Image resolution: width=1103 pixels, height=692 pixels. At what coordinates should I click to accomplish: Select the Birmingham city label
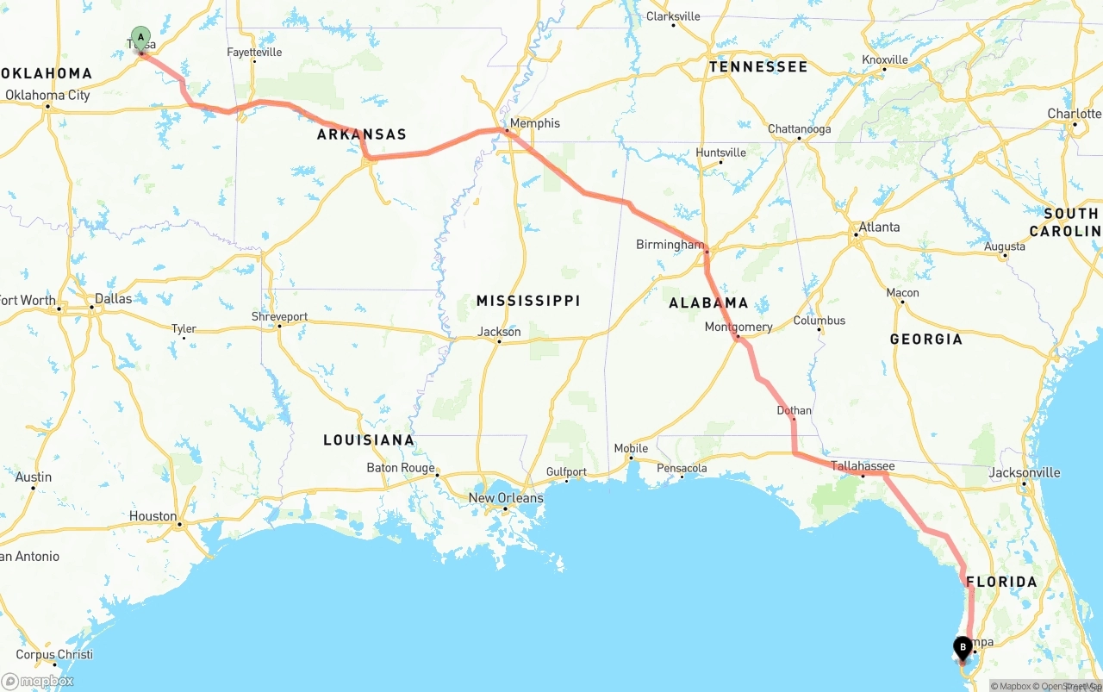click(x=670, y=245)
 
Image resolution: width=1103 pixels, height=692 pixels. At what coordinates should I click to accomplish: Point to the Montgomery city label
click(x=738, y=327)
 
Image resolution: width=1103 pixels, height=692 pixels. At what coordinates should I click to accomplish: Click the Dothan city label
click(x=794, y=410)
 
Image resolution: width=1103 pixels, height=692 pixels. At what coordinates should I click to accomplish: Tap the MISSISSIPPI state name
click(x=528, y=301)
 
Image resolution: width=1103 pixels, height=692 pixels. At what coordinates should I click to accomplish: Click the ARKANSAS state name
click(x=361, y=134)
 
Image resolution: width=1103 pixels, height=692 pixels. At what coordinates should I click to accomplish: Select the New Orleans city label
click(x=506, y=498)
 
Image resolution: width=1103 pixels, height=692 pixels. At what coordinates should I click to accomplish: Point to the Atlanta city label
click(x=879, y=228)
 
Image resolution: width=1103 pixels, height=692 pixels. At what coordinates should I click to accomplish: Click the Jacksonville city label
click(x=1024, y=472)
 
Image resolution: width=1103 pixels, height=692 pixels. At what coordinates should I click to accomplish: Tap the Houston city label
click(x=153, y=516)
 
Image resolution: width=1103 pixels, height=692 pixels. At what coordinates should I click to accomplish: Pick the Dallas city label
click(x=114, y=299)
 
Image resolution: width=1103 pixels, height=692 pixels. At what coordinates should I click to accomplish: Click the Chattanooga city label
click(x=799, y=129)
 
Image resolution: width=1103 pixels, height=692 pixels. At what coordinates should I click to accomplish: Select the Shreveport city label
click(x=279, y=316)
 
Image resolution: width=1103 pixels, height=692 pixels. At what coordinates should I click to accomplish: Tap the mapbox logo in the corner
click(x=38, y=681)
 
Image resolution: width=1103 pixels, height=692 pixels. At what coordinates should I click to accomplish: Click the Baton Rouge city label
click(x=400, y=468)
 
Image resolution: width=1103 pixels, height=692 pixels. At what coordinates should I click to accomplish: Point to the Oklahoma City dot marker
click(x=47, y=107)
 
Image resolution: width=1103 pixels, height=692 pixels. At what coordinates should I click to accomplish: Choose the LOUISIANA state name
click(x=368, y=440)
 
